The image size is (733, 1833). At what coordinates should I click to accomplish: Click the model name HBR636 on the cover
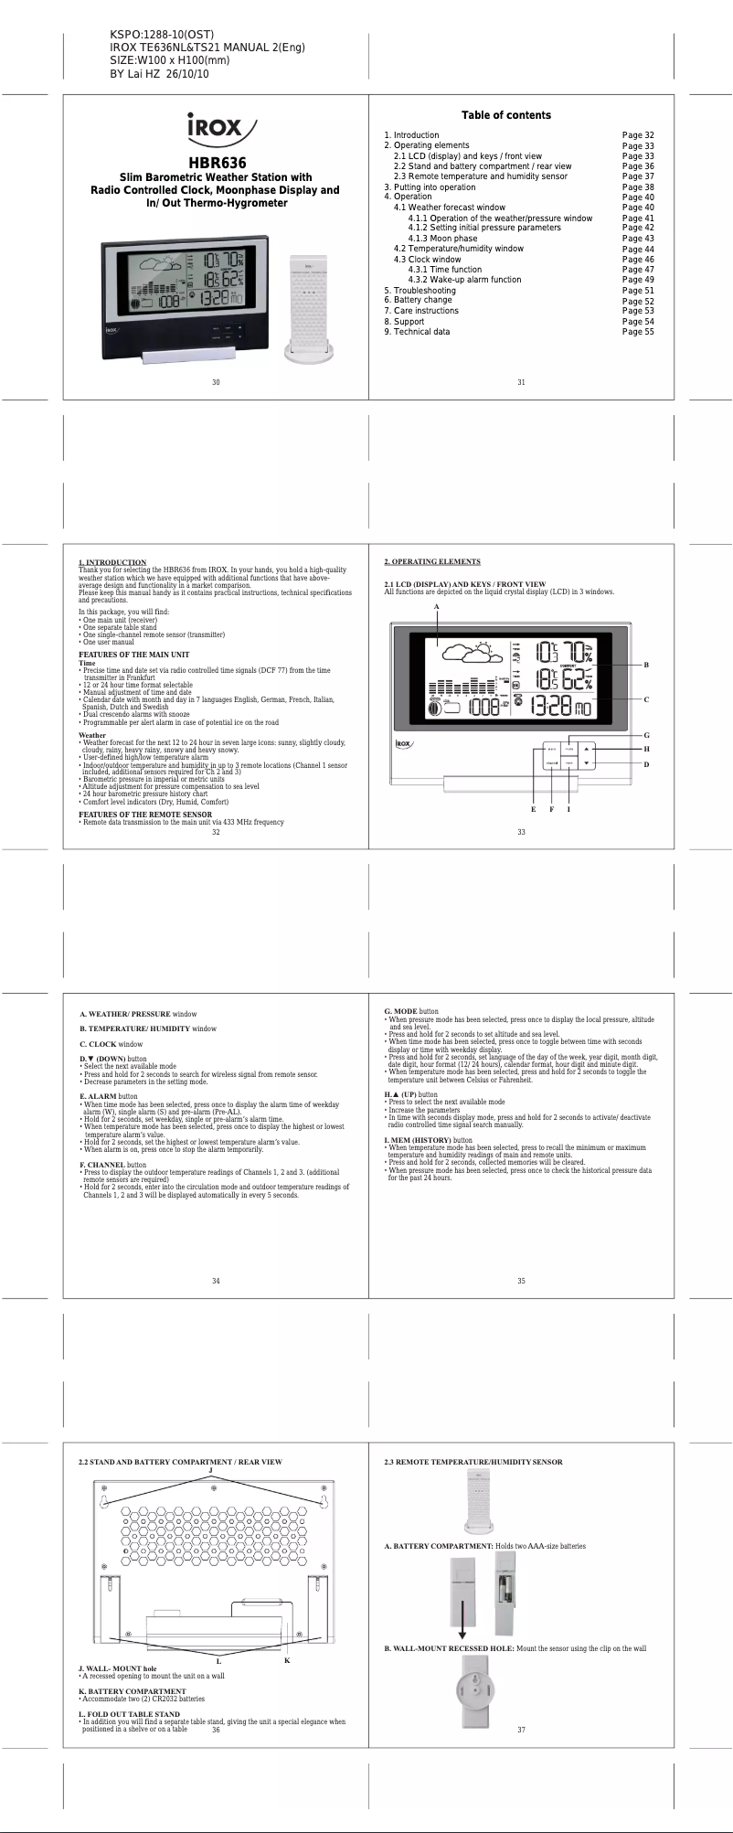click(x=216, y=163)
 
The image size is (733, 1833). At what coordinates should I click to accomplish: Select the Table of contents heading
click(x=505, y=115)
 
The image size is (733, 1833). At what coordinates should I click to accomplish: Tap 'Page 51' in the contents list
click(x=638, y=291)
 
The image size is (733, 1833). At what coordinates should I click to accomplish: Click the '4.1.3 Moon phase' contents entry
click(x=442, y=239)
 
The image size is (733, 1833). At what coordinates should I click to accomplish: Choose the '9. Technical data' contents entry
click(x=417, y=332)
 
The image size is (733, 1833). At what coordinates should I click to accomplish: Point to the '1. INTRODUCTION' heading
click(x=112, y=562)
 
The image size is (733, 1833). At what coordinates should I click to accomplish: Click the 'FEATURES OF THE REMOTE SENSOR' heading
click(x=145, y=815)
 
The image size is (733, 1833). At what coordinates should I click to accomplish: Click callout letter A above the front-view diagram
click(x=437, y=607)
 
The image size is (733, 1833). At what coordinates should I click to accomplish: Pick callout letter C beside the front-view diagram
click(x=646, y=700)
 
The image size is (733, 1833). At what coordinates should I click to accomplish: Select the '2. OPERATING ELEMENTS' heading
click(x=432, y=561)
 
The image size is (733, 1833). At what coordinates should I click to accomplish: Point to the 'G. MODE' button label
click(x=400, y=1011)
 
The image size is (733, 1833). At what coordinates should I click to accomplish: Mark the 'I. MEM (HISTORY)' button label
click(x=417, y=1140)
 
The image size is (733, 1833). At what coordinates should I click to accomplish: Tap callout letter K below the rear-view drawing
click(x=287, y=1660)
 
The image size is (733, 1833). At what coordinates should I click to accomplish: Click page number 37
click(x=521, y=1730)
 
